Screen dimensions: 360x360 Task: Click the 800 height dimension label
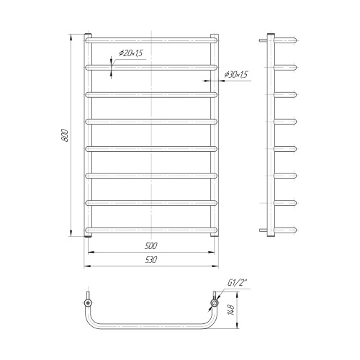65,135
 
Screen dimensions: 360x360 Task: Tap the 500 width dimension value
151,246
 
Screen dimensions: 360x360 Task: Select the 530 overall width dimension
151,260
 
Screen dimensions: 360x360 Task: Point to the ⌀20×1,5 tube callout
131,53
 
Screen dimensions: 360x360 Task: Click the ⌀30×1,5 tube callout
235,75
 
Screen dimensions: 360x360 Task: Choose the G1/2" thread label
237,283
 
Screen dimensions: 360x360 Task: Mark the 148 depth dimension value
232,310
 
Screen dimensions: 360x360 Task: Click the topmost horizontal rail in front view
151,40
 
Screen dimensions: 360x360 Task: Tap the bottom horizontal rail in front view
151,230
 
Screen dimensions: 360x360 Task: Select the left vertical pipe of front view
88,135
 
